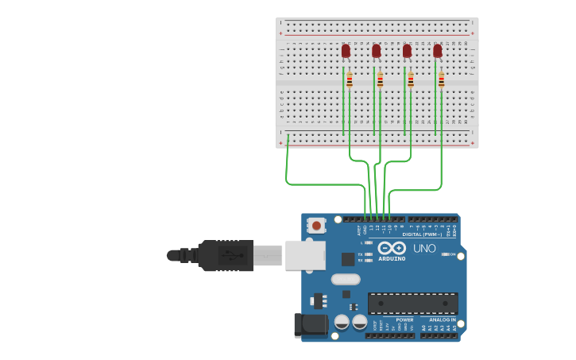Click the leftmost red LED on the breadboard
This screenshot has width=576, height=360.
point(346,51)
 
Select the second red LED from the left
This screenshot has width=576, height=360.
point(376,51)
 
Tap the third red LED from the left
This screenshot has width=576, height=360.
point(407,51)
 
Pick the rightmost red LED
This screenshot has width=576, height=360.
point(437,51)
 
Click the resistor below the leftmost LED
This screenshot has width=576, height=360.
point(350,80)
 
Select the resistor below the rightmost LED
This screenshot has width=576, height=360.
point(441,80)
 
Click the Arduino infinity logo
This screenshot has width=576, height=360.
point(392,248)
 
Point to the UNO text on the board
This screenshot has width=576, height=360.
point(424,249)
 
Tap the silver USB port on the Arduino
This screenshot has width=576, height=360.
point(305,255)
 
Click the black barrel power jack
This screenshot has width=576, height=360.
point(311,324)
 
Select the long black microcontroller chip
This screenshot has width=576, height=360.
point(412,303)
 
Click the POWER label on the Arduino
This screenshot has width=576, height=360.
point(404,319)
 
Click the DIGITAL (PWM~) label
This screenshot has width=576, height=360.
point(422,234)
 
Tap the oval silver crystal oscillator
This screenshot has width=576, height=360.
point(346,279)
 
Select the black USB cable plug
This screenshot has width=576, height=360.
point(226,256)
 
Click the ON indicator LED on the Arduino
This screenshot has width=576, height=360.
point(446,254)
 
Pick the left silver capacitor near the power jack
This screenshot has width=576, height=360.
point(342,322)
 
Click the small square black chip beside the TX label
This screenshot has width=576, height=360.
point(348,259)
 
